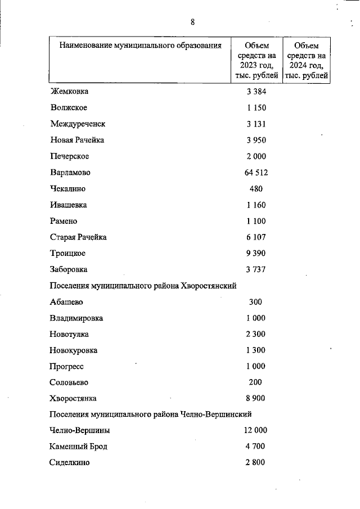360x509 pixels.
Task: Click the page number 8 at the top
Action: pyautogui.click(x=192, y=22)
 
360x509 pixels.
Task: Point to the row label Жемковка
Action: pyautogui.click(x=69, y=92)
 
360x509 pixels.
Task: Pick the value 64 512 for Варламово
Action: pyautogui.click(x=255, y=173)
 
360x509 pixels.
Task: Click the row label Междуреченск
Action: pyautogui.click(x=78, y=124)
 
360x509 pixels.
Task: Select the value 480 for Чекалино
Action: pyautogui.click(x=255, y=189)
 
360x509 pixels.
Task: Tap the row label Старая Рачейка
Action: pyautogui.click(x=78, y=237)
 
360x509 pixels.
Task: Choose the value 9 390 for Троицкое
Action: pyautogui.click(x=255, y=254)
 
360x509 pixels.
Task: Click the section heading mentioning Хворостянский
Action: pyautogui.click(x=143, y=286)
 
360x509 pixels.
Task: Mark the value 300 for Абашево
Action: pyautogui.click(x=255, y=302)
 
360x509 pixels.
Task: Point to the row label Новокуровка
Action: pyautogui.click(x=74, y=350)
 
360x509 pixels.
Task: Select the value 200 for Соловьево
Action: pyautogui.click(x=255, y=382)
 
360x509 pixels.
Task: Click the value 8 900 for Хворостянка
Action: pyautogui.click(x=255, y=399)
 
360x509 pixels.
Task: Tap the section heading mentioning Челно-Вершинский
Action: pyautogui.click(x=150, y=415)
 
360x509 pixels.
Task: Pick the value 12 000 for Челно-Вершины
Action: pyautogui.click(x=255, y=431)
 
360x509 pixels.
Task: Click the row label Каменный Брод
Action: pyautogui.click(x=78, y=447)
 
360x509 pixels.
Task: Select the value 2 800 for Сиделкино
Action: pyautogui.click(x=255, y=463)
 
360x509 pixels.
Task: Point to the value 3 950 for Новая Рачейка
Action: pyautogui.click(x=255, y=140)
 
